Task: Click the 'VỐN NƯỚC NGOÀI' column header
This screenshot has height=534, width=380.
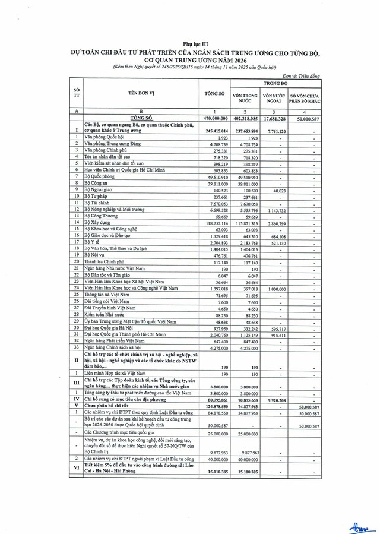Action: click(x=274, y=98)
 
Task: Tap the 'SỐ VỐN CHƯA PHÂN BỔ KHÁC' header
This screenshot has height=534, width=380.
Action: click(x=305, y=98)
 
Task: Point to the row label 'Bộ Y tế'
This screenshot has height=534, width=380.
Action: click(x=92, y=242)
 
